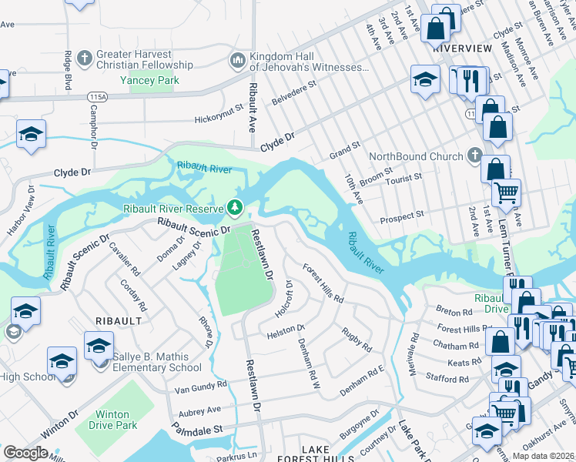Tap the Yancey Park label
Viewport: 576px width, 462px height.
pyautogui.click(x=154, y=80)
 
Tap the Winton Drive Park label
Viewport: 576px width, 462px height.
pyautogui.click(x=112, y=420)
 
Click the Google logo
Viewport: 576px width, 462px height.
pyautogui.click(x=25, y=452)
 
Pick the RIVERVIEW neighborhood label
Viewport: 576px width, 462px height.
pyautogui.click(x=462, y=48)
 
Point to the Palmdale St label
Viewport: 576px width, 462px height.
pyautogui.click(x=196, y=428)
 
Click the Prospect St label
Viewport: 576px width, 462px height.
pyautogui.click(x=403, y=218)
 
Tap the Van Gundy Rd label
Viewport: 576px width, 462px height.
pyautogui.click(x=201, y=384)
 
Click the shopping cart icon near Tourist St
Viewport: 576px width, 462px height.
pyautogui.click(x=506, y=192)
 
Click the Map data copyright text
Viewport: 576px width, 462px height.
pyautogui.click(x=544, y=456)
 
